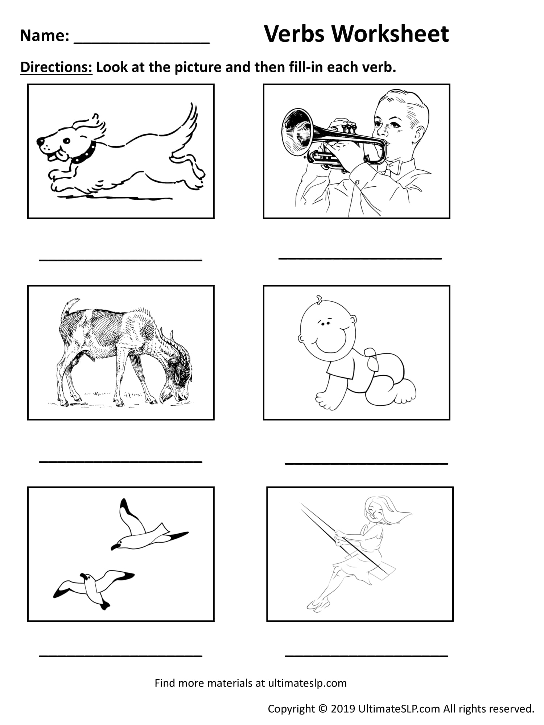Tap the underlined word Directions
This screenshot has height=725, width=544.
click(57, 67)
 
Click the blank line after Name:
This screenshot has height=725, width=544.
click(141, 43)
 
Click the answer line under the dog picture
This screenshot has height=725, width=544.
click(120, 260)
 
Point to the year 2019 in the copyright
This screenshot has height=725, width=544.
click(343, 708)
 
